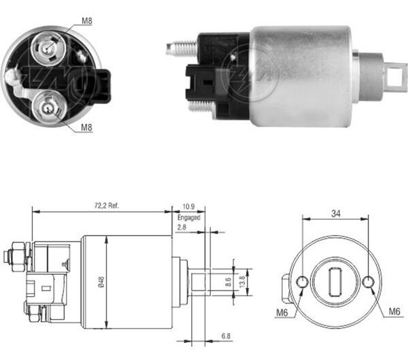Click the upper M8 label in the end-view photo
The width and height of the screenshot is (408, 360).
coord(87,21)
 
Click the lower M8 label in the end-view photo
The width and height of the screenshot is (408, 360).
coord(87,127)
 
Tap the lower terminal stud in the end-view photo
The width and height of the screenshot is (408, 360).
coord(48,107)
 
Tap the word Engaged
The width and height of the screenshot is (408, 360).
coord(190,217)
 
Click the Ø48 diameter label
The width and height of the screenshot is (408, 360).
coord(101,280)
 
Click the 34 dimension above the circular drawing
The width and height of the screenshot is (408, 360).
coord(336,212)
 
